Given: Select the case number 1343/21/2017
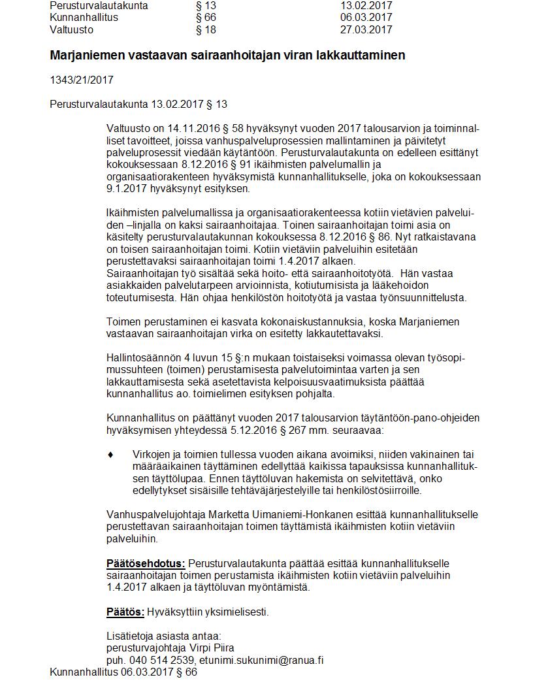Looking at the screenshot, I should click(x=82, y=80).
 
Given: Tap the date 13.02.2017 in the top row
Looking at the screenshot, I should click(x=366, y=5).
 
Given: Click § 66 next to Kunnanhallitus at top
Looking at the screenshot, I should click(x=206, y=18).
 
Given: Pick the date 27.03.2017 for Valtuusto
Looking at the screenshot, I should click(x=366, y=30).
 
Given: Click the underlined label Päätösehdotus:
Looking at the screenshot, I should click(x=146, y=564).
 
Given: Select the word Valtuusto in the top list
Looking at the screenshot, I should click(x=71, y=30).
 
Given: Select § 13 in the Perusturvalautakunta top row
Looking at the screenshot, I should click(x=206, y=5).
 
